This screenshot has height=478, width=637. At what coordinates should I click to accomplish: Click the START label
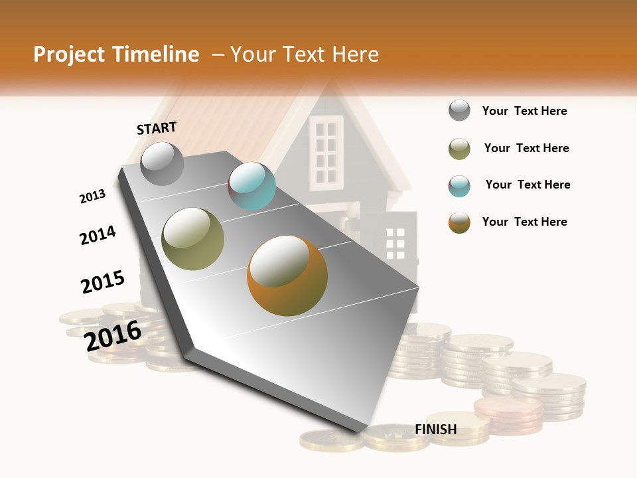157,128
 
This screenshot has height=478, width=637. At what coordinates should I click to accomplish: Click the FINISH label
435,430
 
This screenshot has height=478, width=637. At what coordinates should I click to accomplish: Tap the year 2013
92,196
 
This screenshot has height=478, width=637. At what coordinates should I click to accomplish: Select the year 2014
98,235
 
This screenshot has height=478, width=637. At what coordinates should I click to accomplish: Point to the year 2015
103,281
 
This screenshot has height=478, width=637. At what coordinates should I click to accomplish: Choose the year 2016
113,335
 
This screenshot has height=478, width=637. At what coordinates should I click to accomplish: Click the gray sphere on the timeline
162,163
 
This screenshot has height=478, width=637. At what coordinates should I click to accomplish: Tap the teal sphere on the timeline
251,186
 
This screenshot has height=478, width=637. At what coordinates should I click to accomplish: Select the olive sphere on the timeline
193,239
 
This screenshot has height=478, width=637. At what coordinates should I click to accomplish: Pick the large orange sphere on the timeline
287,276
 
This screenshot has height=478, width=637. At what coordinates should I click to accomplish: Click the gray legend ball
459,110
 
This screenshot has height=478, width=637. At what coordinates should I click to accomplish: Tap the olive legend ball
459,149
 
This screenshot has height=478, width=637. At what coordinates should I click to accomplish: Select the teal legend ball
459,186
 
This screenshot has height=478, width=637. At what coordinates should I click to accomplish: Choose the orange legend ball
459,222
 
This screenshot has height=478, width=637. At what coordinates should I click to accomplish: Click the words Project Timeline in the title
116,54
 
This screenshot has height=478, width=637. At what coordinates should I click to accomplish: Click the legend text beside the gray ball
524,111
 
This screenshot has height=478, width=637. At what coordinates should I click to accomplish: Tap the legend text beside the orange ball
524,222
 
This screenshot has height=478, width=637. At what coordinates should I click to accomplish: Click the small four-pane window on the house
395,244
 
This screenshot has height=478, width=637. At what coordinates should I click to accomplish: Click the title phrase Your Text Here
305,54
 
